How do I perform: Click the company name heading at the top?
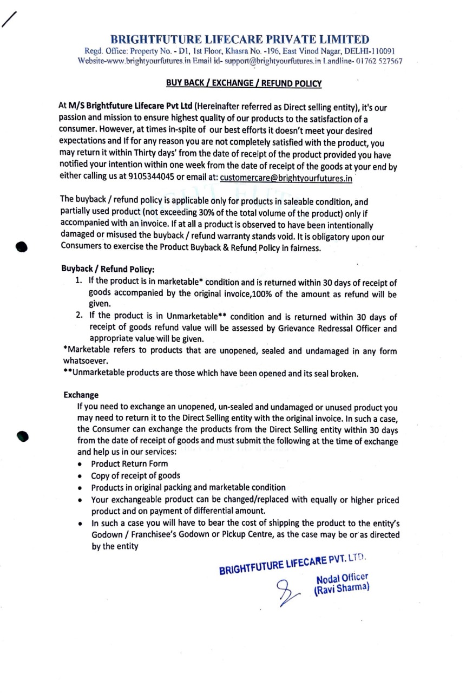[x=240, y=40]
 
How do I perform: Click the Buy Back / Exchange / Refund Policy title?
[x=244, y=83]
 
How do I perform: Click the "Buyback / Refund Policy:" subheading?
[x=108, y=268]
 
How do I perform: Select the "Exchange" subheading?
[x=81, y=395]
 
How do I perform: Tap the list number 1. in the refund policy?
[x=78, y=281]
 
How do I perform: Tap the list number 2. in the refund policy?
[x=79, y=316]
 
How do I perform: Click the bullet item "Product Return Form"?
[x=129, y=463]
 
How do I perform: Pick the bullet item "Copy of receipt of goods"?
[x=135, y=475]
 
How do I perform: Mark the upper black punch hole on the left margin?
[x=22, y=245]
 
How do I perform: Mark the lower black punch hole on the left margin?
[x=22, y=436]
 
